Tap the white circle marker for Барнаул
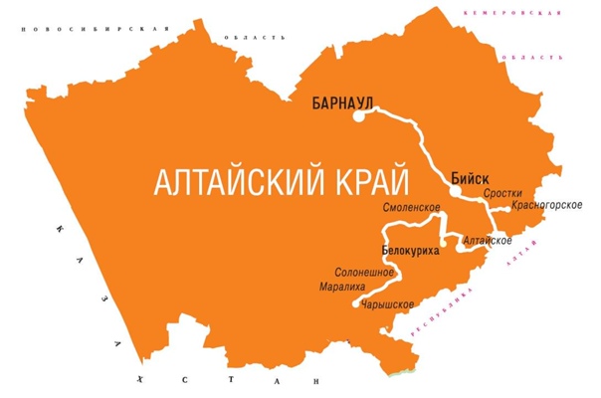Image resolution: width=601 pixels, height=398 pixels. point(358,117)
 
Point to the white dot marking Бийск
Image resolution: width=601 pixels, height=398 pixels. point(452,194)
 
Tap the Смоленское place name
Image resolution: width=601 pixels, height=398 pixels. point(412,207)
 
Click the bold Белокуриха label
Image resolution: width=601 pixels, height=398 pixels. point(410,250)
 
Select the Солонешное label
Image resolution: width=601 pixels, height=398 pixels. point(365,272)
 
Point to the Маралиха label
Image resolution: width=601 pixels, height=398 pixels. point(341,287)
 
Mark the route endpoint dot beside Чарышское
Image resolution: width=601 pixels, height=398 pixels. point(356,304)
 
